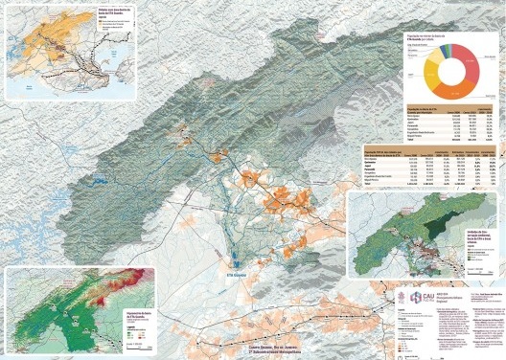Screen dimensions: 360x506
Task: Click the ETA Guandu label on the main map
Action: pyautogui.click(x=238, y=260)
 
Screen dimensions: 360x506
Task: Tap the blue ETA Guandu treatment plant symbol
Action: pyautogui.click(x=232, y=253)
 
